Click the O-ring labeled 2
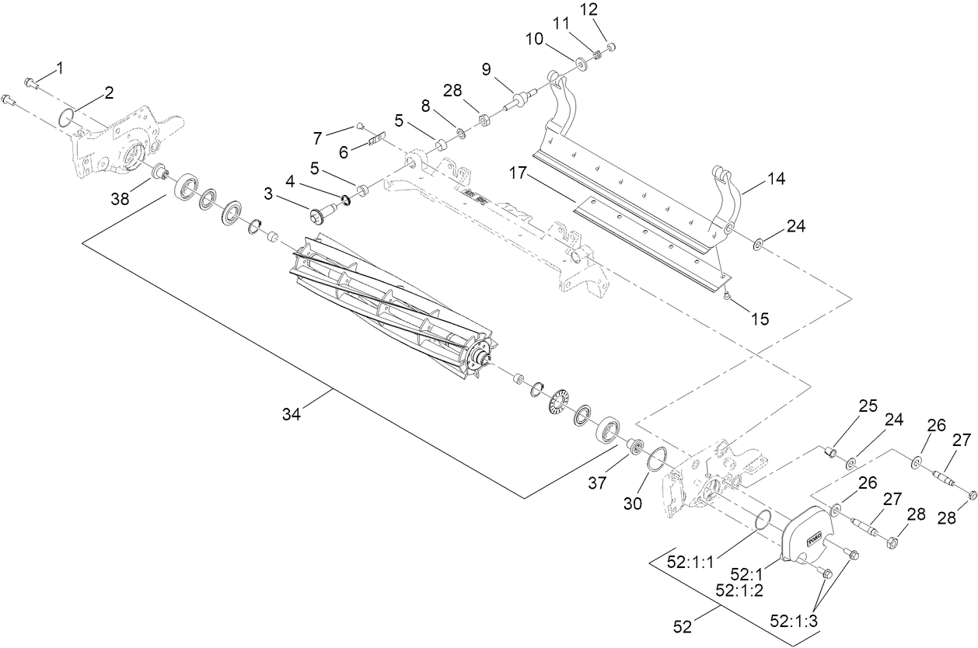point(68,117)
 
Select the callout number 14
point(774,179)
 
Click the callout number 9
point(487,69)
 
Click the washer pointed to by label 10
point(582,61)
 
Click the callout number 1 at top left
point(59,68)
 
